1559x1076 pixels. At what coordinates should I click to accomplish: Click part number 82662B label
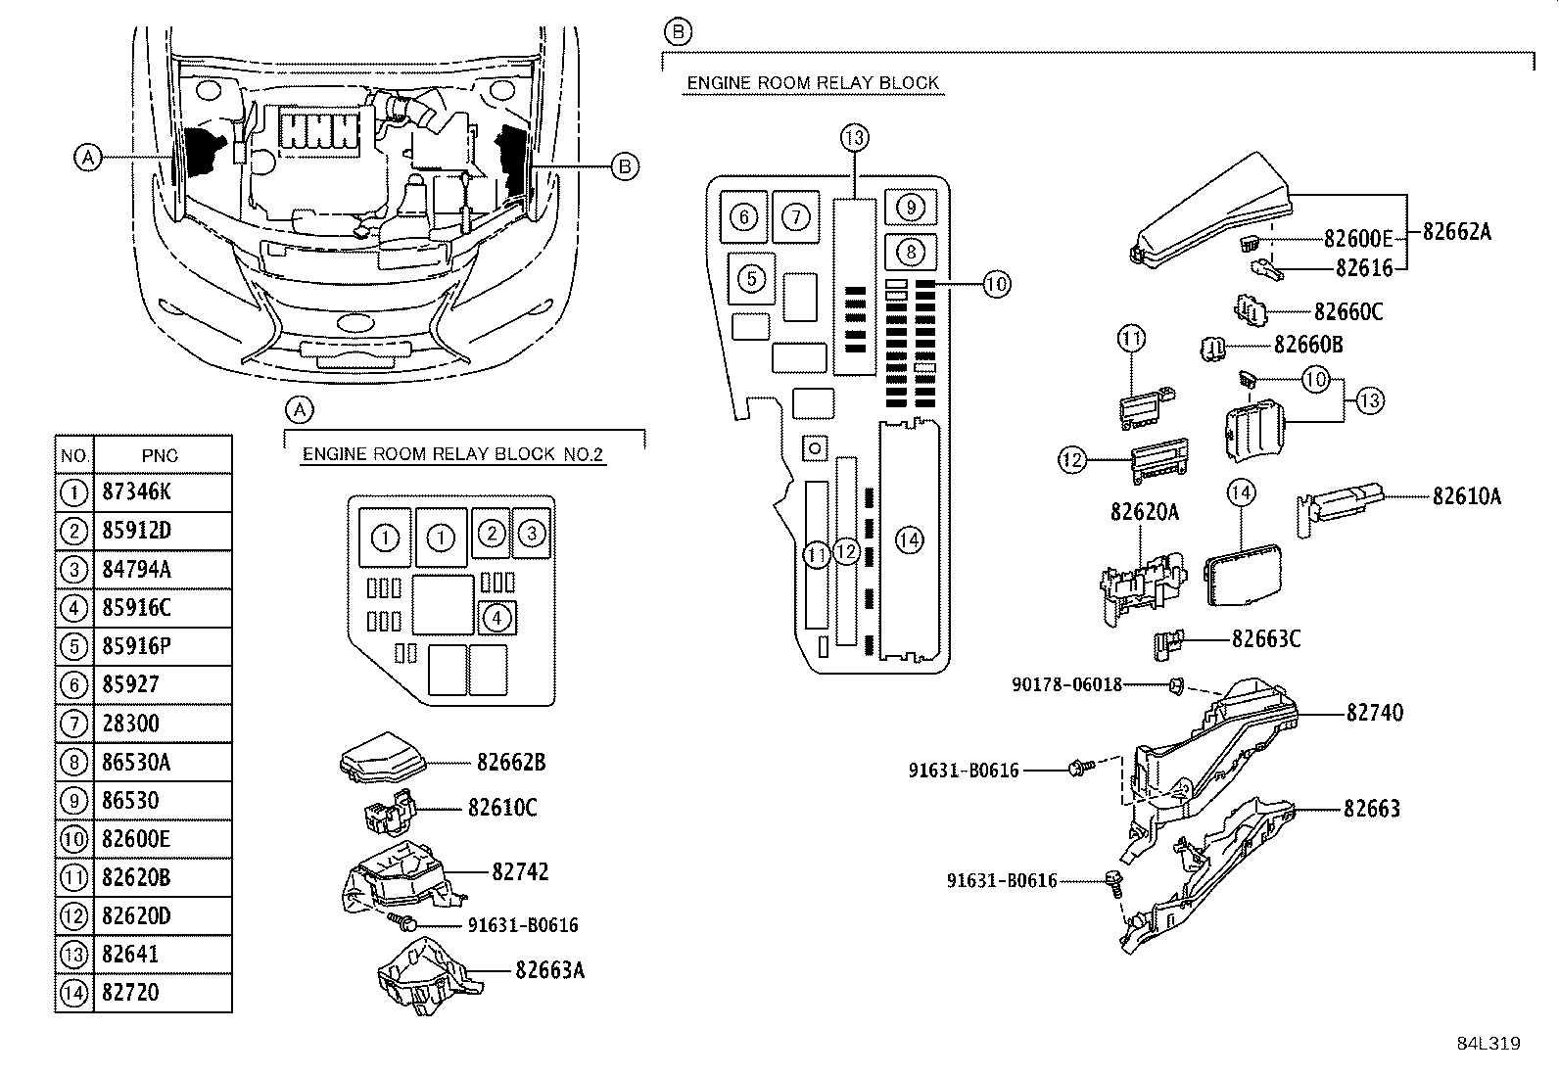point(511,763)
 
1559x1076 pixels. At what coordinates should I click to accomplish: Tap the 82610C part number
point(502,808)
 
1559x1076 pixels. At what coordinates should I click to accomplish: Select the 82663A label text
point(549,969)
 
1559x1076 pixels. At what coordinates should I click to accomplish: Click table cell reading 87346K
point(136,492)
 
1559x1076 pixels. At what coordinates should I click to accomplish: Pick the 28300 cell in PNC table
point(130,724)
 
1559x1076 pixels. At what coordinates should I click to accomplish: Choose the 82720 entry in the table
point(130,993)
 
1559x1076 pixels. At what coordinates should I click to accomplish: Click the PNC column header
point(160,455)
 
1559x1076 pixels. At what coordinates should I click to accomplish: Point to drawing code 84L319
point(1488,1044)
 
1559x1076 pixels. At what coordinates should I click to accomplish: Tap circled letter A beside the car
point(88,157)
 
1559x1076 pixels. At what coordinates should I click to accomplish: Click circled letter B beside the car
point(624,166)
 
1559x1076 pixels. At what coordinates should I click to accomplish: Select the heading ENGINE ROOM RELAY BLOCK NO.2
point(453,454)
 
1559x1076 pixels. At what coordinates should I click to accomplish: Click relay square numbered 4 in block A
point(497,618)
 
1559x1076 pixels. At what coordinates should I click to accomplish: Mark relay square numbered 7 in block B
point(796,216)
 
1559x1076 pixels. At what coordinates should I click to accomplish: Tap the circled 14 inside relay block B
point(909,539)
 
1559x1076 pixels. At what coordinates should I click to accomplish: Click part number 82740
point(1374,713)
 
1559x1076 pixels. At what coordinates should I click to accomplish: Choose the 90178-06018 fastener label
point(1066,685)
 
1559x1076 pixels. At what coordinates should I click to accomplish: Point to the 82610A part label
point(1466,496)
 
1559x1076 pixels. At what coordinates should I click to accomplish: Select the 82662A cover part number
point(1456,231)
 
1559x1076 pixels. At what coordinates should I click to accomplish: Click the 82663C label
point(1266,638)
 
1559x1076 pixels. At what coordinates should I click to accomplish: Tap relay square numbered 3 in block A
point(531,534)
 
